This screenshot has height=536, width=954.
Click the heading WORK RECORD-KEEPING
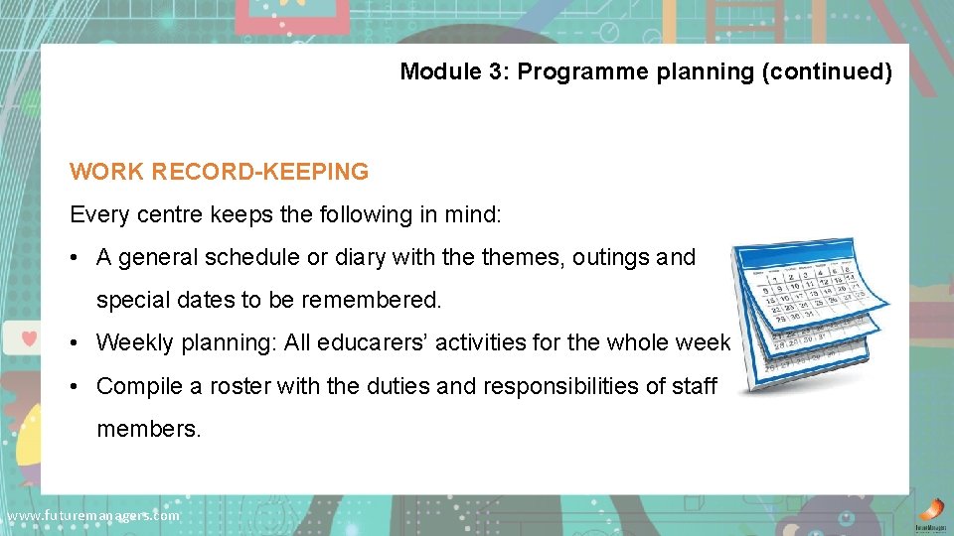coord(219,172)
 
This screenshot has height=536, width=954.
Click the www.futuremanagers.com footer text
coord(92,516)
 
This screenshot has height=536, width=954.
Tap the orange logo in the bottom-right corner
coord(931,508)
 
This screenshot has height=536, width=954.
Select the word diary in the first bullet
coord(360,258)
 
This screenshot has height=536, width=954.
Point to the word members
coord(148,429)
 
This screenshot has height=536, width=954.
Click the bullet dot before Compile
coord(76,386)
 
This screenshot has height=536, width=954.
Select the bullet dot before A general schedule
coord(76,258)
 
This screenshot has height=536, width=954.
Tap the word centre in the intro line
coord(156,214)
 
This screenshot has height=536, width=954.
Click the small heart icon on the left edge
coord(28,335)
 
